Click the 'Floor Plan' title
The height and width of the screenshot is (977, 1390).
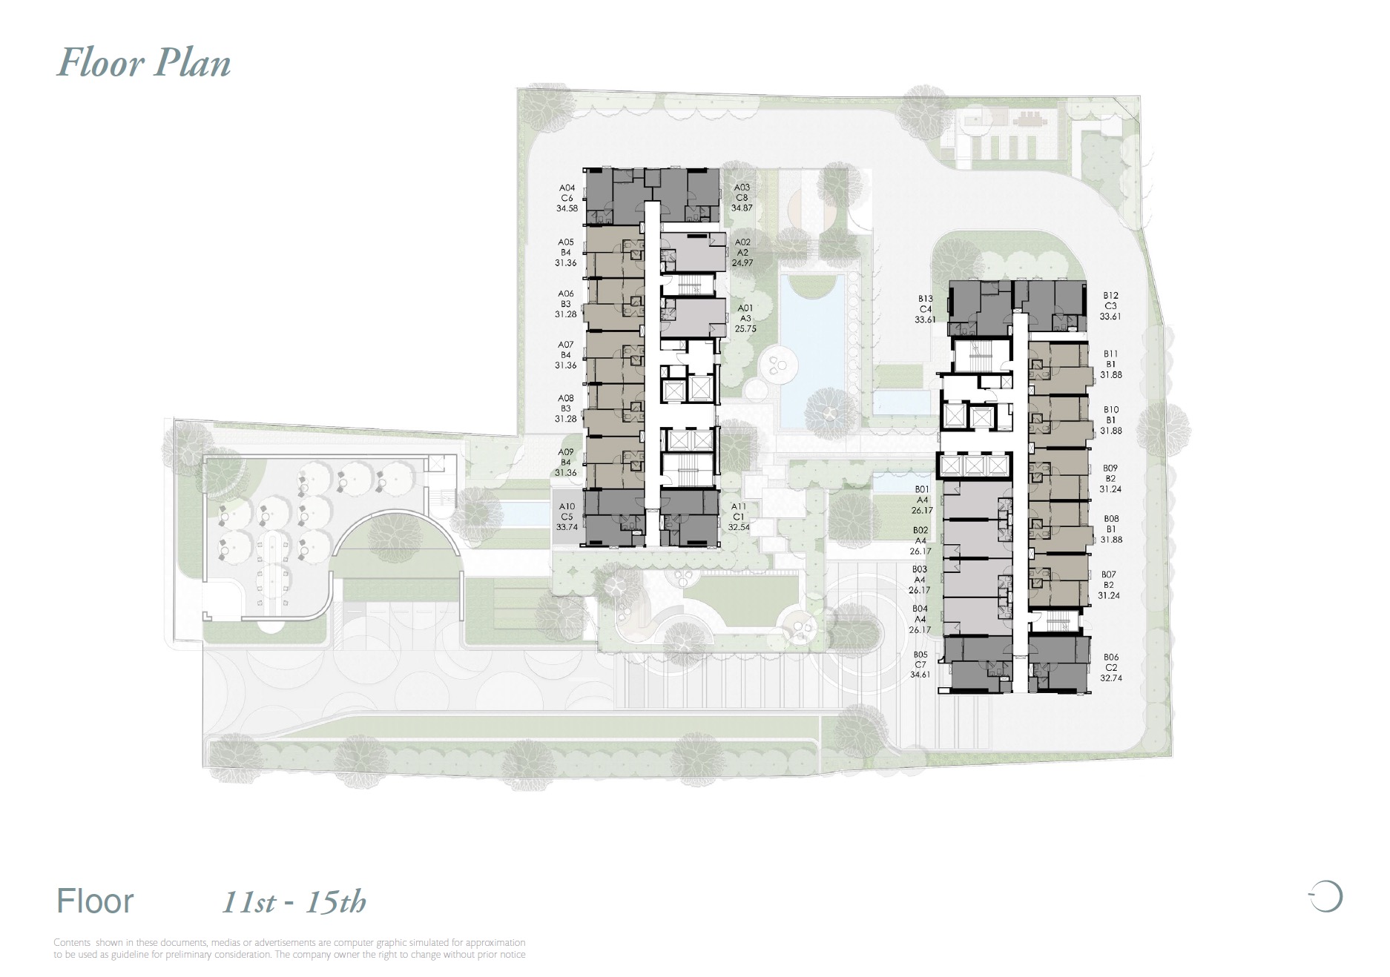click(x=144, y=63)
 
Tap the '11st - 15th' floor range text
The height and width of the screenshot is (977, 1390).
click(x=294, y=902)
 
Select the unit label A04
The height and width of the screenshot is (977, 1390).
click(x=567, y=188)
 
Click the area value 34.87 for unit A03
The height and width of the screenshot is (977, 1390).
click(x=742, y=208)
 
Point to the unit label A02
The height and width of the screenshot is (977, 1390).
click(x=742, y=242)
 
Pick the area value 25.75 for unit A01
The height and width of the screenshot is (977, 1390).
click(x=745, y=329)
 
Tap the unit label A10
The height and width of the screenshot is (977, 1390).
click(x=567, y=507)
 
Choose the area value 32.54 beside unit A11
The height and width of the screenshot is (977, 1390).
click(x=739, y=528)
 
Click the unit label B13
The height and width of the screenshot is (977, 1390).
click(x=925, y=299)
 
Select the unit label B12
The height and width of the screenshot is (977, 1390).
click(x=1110, y=296)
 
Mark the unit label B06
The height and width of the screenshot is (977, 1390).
click(x=1110, y=658)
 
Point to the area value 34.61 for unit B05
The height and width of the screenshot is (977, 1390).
click(x=920, y=675)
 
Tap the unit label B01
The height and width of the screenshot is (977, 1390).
click(x=922, y=490)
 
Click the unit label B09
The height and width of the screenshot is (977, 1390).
click(x=1110, y=468)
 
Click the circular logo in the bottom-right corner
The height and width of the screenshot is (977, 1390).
click(x=1326, y=896)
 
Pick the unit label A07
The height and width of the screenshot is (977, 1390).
click(x=566, y=345)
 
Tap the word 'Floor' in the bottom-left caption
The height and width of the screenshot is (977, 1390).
click(x=95, y=901)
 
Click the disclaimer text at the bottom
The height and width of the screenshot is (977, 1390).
click(x=289, y=949)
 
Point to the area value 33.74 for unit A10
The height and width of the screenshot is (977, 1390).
click(x=567, y=528)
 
